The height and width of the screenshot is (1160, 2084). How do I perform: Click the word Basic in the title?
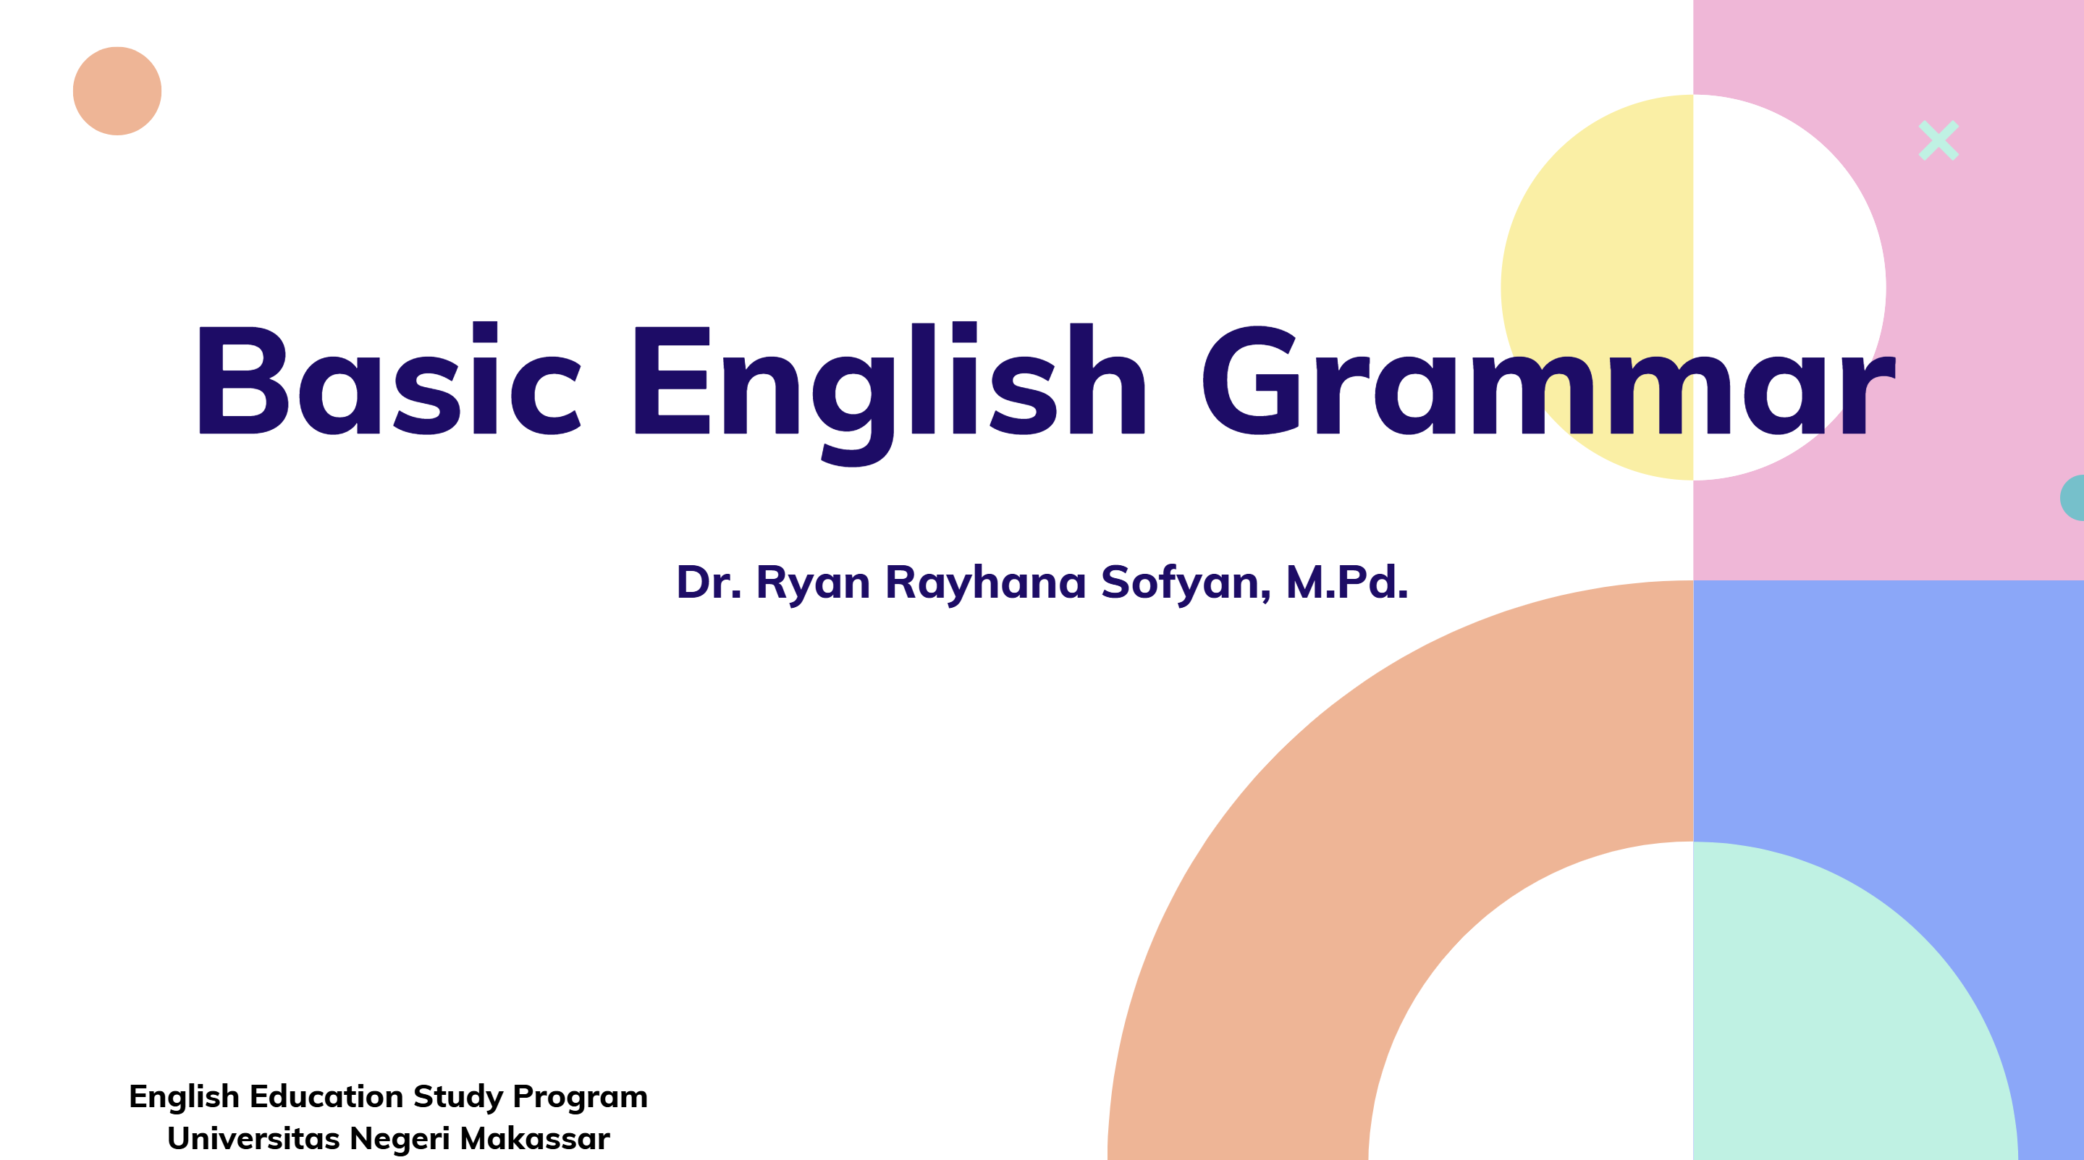pos(390,378)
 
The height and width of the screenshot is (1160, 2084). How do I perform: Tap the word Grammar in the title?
pos(1548,380)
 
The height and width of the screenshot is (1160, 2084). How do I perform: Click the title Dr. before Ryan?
pos(709,583)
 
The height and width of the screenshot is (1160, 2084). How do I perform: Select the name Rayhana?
pos(985,583)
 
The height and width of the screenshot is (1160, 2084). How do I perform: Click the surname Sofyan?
pos(1186,583)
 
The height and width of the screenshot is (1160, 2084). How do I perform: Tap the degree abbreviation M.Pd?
pos(1347,582)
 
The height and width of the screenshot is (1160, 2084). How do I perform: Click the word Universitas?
pos(253,1139)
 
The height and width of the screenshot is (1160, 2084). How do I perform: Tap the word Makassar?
pos(535,1139)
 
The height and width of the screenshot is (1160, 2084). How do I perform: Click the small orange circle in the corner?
pos(117,90)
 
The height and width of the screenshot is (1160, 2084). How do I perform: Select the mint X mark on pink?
pos(1939,141)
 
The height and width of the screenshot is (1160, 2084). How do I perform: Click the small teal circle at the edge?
pos(2073,497)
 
